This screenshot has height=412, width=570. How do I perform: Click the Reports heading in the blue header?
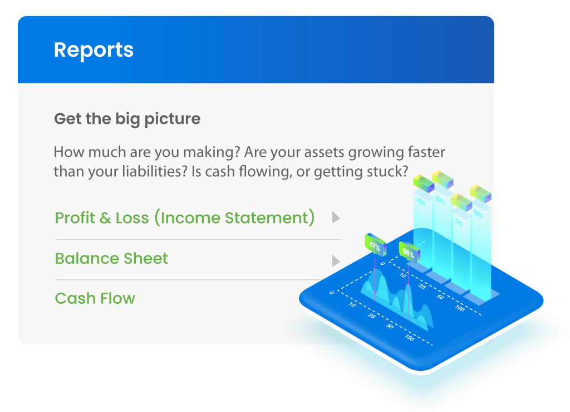tap(94, 50)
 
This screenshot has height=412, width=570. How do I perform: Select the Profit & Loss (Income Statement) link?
tap(185, 217)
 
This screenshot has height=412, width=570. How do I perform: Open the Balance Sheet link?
tap(111, 259)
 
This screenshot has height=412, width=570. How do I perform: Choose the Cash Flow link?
tap(95, 299)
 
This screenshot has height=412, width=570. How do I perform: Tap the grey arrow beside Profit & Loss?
tap(336, 217)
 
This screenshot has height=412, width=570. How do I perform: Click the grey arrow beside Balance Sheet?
tap(336, 260)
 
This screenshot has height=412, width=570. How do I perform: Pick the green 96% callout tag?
tap(408, 253)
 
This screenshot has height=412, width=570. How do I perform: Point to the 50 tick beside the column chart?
tap(440, 297)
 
